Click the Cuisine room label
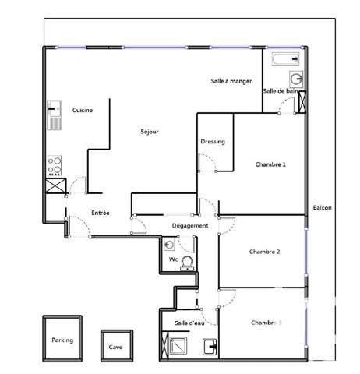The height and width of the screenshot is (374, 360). pos(83,111)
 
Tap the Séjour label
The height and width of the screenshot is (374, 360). pos(150,132)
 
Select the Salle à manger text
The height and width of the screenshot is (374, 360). pos(231,81)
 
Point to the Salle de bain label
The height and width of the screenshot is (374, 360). pos(281,91)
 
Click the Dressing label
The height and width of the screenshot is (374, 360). pos(213,142)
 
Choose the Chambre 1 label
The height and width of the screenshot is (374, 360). pos(270,164)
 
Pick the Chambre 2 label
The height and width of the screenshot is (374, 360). pos(265,252)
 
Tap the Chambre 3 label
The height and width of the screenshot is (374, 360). pos(266,322)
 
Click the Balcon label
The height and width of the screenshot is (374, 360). pos(322,208)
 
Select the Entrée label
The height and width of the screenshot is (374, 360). pos(100,213)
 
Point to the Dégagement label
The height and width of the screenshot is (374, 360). pos(190,226)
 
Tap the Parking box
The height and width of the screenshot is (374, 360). pos(63,339)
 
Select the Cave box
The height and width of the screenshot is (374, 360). pos(115,347)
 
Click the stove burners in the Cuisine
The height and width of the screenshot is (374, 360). pos(55,164)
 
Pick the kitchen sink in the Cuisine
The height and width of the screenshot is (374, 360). pos(55,115)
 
